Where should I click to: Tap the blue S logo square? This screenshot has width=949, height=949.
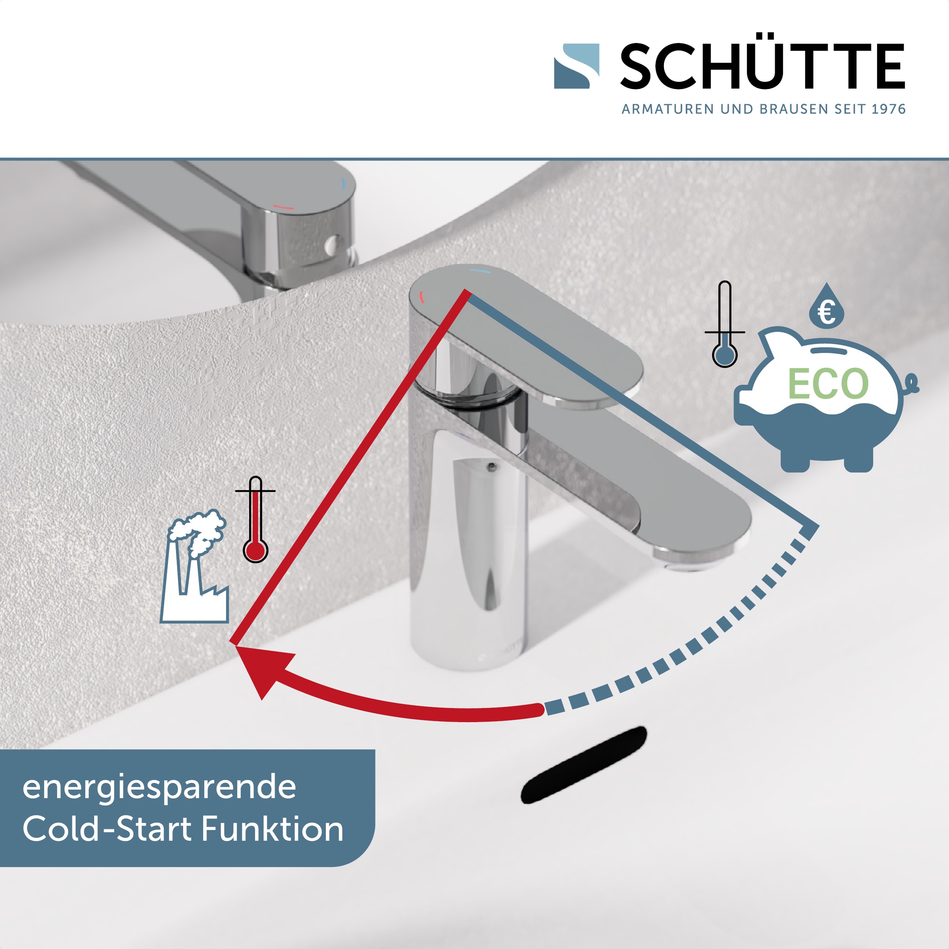[x=576, y=66]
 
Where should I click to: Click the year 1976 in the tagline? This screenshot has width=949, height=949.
[x=889, y=109]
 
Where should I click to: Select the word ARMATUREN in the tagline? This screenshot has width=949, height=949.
[x=667, y=109]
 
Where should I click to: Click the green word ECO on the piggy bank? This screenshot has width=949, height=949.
[x=828, y=384]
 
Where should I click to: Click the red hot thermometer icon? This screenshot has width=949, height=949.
[x=255, y=519]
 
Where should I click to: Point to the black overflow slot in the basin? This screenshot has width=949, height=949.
[x=584, y=765]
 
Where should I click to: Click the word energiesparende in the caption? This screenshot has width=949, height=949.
[x=159, y=788]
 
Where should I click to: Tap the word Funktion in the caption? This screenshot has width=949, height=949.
[x=272, y=830]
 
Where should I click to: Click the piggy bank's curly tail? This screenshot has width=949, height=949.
[x=911, y=383]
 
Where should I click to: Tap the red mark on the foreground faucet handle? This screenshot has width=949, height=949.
[x=421, y=296]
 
